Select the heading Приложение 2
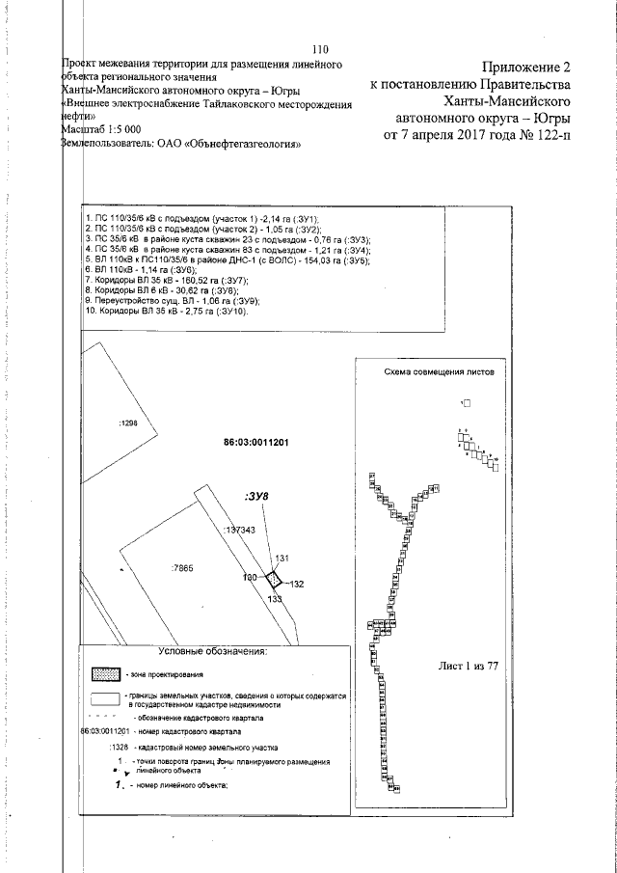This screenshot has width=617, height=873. pyautogui.click(x=521, y=68)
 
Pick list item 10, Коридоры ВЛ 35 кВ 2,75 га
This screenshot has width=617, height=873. pyautogui.click(x=167, y=312)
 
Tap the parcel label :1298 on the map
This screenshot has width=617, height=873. pyautogui.click(x=128, y=423)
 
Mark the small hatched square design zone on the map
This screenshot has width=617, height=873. pyautogui.click(x=274, y=579)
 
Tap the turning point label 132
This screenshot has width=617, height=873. pyautogui.click(x=297, y=584)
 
